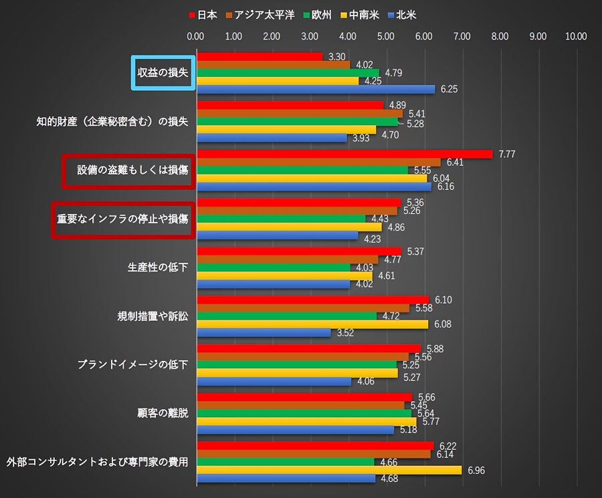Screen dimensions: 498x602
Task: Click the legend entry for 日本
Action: (x=203, y=14)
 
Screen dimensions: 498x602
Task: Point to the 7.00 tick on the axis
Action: (x=462, y=36)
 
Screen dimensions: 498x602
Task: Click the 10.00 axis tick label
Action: (x=576, y=36)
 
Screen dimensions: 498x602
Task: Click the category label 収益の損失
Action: (x=163, y=72)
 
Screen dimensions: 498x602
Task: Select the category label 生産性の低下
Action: (x=158, y=267)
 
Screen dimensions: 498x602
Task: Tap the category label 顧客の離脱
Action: (x=163, y=413)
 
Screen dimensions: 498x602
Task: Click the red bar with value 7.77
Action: (x=344, y=154)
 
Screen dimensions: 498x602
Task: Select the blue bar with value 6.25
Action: (x=315, y=89)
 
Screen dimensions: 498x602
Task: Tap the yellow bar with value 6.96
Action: (x=328, y=470)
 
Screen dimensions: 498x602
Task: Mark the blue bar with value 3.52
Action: (x=264, y=332)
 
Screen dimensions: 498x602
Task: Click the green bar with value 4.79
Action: (x=288, y=72)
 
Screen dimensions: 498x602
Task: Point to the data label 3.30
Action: (x=337, y=57)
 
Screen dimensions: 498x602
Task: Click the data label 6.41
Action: (x=456, y=162)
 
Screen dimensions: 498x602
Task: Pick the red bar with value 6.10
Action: (x=312, y=300)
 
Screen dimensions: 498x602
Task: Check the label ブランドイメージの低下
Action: (x=132, y=364)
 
